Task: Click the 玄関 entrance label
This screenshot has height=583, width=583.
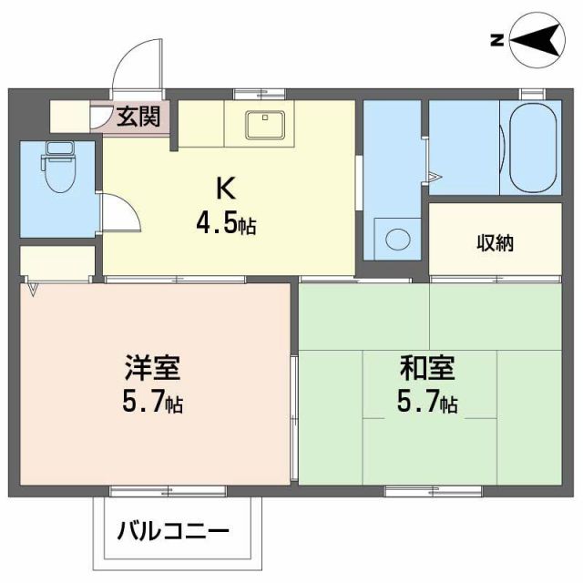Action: click(x=138, y=116)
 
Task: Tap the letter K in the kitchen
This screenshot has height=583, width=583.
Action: click(x=225, y=189)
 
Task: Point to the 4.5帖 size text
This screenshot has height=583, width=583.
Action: click(x=225, y=222)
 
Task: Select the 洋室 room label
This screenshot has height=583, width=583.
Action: click(x=153, y=368)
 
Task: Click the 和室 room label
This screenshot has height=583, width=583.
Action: click(x=427, y=368)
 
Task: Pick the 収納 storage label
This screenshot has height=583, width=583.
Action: click(x=495, y=243)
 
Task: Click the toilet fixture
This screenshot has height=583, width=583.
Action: click(x=59, y=169)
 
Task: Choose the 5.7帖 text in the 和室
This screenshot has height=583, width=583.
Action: click(x=427, y=401)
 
